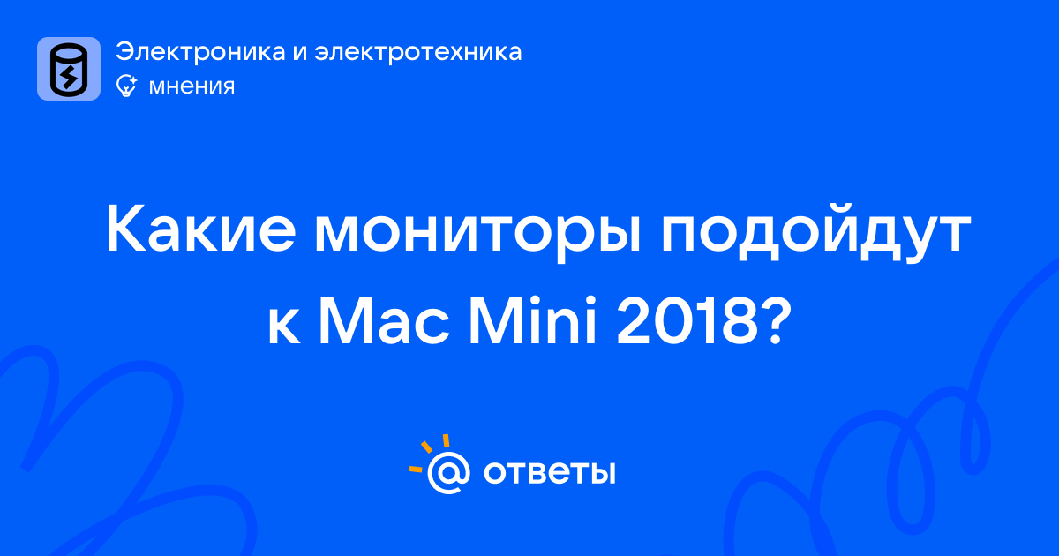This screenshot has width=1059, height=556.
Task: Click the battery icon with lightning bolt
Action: click(69, 69)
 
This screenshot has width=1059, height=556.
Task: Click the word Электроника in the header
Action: click(200, 51)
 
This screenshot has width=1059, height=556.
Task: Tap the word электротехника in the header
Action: click(418, 51)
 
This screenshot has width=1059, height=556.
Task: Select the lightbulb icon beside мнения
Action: click(126, 86)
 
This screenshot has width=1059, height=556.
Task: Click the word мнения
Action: click(192, 86)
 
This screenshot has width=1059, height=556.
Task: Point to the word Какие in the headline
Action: click(201, 229)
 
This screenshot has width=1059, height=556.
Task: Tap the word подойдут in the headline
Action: click(815, 231)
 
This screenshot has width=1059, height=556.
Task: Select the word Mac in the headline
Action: click(384, 321)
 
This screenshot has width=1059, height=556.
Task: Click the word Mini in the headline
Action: click(532, 319)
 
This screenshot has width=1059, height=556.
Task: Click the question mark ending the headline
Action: click(777, 320)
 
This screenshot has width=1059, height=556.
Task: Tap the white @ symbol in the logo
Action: click(448, 472)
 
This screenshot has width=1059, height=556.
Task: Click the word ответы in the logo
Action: click(549, 472)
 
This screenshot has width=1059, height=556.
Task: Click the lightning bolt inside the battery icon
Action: click(69, 77)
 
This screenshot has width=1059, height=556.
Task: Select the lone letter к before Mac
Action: click(283, 327)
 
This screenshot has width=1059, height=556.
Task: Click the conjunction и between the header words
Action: click(300, 54)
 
